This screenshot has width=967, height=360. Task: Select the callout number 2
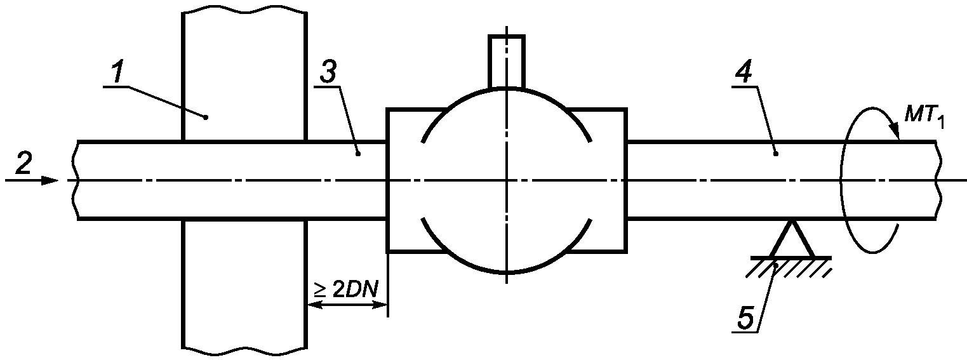pos(23,164)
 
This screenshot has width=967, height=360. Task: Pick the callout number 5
pos(745,319)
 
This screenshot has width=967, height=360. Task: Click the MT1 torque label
pos(923,119)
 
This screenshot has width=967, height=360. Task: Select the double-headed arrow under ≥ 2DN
pos(347,305)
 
